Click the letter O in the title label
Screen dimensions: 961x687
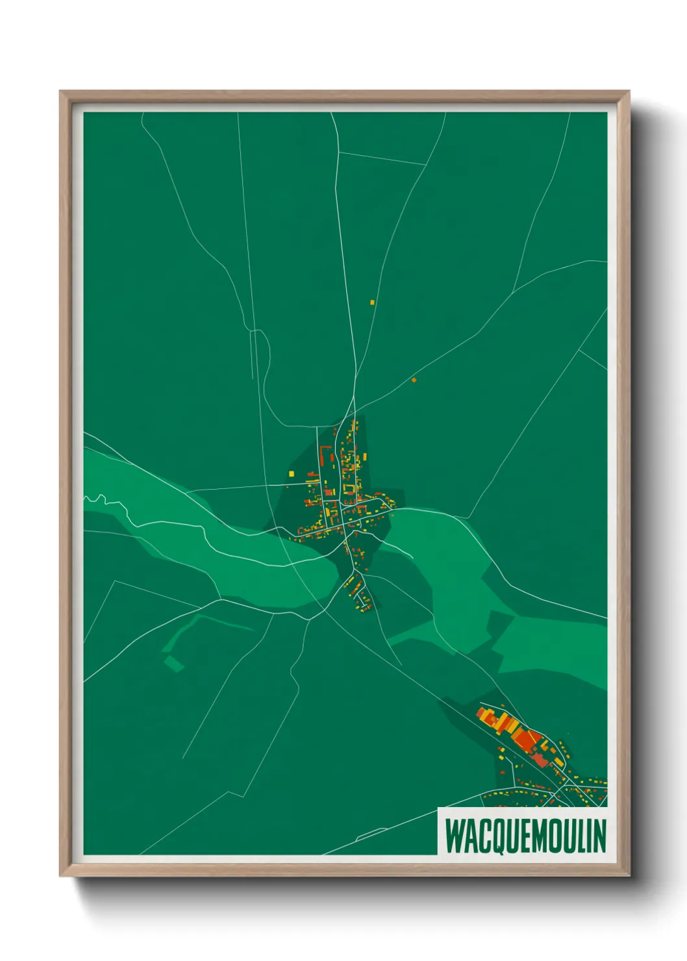click(x=556, y=836)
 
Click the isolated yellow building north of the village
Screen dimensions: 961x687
click(x=372, y=302)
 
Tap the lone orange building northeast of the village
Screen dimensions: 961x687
click(x=414, y=380)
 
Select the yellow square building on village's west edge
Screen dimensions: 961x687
click(x=291, y=474)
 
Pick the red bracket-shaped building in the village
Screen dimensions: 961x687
click(x=323, y=453)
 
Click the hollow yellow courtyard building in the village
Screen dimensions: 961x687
click(x=350, y=488)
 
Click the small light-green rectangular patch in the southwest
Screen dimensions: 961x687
click(x=174, y=663)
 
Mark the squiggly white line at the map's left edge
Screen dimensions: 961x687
click(x=97, y=499)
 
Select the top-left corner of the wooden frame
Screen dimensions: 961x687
click(x=61, y=92)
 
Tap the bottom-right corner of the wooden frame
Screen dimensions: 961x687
click(x=628, y=874)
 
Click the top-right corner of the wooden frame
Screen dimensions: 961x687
click(x=628, y=92)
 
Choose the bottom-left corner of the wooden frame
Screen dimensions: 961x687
click(x=61, y=874)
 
